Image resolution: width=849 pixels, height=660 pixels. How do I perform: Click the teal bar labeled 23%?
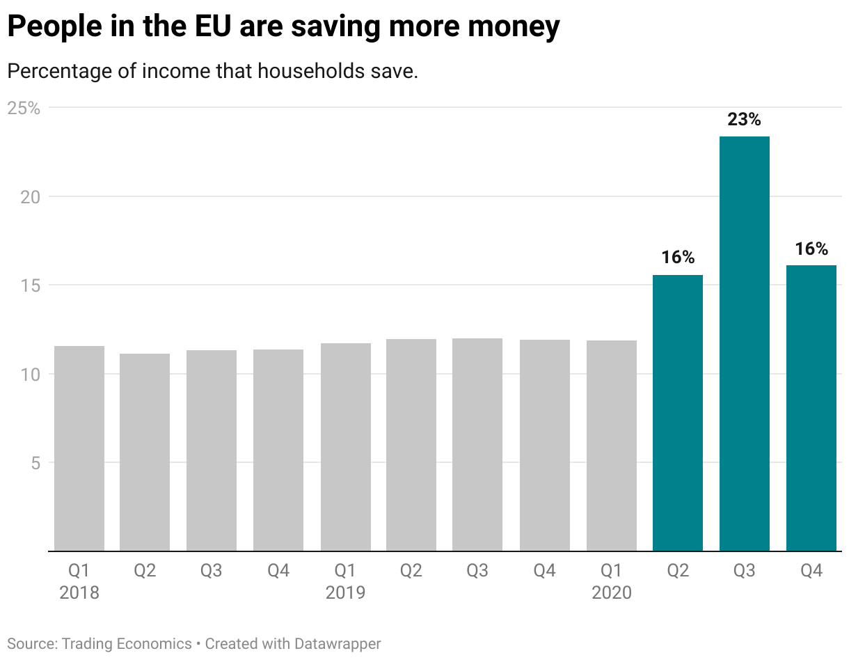(x=744, y=343)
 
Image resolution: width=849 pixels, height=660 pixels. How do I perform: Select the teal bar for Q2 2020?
(x=678, y=413)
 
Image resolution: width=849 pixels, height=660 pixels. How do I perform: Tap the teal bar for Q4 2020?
(x=811, y=408)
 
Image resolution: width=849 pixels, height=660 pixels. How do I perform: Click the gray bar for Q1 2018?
(x=79, y=448)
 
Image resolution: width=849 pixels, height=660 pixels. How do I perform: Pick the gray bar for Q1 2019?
(x=345, y=447)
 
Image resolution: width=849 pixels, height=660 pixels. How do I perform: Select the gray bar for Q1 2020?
(x=611, y=446)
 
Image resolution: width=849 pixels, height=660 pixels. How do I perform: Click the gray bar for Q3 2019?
(x=477, y=444)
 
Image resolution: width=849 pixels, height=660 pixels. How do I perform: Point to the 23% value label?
(x=744, y=120)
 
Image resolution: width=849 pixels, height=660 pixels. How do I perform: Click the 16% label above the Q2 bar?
(x=678, y=258)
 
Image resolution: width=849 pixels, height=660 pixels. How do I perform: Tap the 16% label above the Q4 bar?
(x=811, y=249)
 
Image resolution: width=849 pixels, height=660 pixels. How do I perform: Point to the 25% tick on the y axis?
(x=24, y=108)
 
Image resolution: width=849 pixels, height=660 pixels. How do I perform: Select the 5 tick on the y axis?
(x=34, y=462)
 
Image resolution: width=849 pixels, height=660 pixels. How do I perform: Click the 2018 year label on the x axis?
(x=79, y=592)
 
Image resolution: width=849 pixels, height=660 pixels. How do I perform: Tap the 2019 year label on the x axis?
(x=345, y=592)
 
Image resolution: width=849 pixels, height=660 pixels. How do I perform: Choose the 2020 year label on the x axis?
(x=611, y=592)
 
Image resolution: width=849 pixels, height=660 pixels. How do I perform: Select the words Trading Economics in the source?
(x=127, y=643)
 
